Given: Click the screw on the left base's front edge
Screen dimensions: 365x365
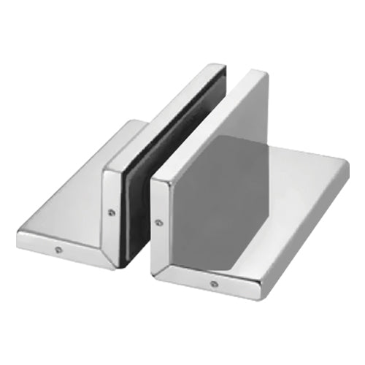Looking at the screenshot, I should tap(58, 250).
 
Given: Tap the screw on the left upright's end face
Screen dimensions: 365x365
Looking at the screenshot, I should tap(110, 213).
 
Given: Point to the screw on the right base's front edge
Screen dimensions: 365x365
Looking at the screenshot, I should tap(213, 283).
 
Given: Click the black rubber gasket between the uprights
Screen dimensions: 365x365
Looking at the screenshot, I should tap(139, 190).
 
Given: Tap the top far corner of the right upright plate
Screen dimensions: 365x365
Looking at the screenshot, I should tap(263, 73).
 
